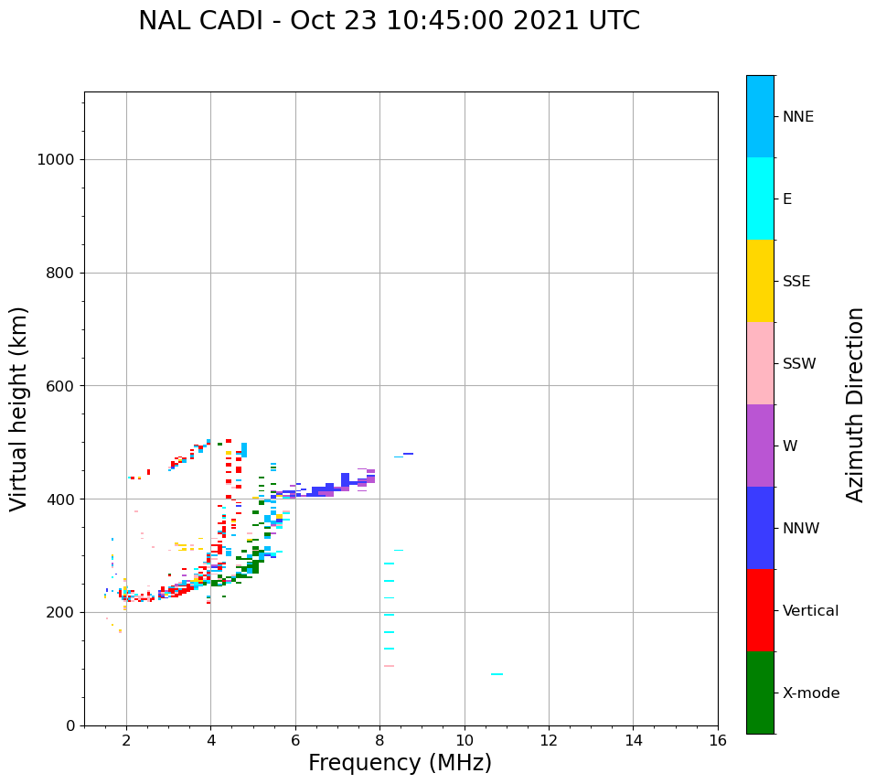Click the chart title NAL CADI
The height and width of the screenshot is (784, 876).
[x=389, y=21]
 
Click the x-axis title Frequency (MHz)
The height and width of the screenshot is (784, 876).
[x=400, y=763]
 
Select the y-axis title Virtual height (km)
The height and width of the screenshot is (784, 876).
[x=19, y=408]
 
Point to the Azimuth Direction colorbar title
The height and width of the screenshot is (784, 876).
[x=855, y=404]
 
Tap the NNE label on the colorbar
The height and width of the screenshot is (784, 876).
[x=797, y=117]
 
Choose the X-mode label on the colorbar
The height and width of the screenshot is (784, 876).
[x=810, y=693]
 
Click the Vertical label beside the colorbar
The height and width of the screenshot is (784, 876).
[x=810, y=611]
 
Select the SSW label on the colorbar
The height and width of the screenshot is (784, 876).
[x=798, y=364]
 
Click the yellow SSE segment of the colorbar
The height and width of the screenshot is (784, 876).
[x=760, y=281]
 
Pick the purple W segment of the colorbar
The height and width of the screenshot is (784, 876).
[x=760, y=446]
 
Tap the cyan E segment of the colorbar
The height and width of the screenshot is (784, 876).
[x=760, y=199]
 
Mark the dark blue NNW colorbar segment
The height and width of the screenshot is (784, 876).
[x=760, y=528]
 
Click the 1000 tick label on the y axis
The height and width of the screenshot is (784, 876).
[x=55, y=159]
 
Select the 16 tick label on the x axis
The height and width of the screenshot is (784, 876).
[x=717, y=740]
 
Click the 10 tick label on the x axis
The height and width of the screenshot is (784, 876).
[x=464, y=740]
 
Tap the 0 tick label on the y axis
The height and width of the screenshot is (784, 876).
[x=69, y=725]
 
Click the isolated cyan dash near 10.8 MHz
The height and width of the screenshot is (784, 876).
[x=497, y=674]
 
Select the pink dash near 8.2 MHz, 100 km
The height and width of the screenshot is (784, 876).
[x=389, y=666]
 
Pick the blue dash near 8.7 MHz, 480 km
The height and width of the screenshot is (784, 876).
[x=408, y=454]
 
